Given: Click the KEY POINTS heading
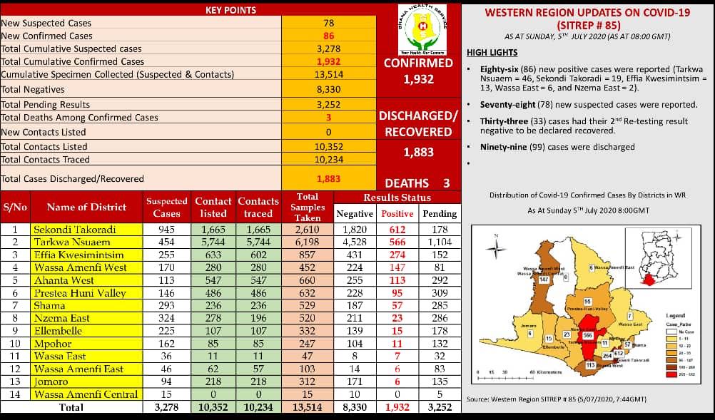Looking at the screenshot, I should [230, 10].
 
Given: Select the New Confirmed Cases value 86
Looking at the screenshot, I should [328, 36].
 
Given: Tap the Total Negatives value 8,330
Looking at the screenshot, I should [328, 89].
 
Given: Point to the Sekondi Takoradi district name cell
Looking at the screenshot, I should [85, 230].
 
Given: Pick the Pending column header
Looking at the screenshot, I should [440, 213].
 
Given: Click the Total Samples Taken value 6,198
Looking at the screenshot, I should [308, 242].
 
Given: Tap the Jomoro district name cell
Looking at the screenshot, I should [85, 381].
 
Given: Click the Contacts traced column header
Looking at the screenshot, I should [258, 208].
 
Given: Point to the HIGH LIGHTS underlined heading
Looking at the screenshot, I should [492, 53].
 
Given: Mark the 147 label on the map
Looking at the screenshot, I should [543, 280].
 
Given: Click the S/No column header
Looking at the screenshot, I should [15, 208].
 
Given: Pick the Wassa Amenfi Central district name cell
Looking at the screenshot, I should [85, 394].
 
